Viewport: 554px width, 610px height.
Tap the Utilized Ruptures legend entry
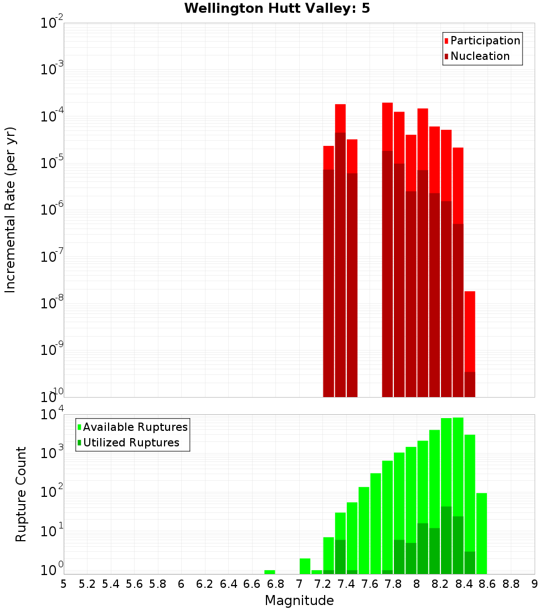click(131, 443)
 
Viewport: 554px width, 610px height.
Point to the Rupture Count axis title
click(21, 494)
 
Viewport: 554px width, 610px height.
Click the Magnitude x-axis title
click(299, 600)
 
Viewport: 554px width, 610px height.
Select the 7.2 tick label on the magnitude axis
click(323, 584)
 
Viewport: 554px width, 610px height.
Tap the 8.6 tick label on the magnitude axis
click(488, 584)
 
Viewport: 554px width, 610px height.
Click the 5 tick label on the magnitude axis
click(64, 584)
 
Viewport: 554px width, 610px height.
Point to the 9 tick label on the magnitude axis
click(535, 584)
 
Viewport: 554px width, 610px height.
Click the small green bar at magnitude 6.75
click(270, 572)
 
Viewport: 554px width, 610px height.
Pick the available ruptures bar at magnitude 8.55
click(481, 532)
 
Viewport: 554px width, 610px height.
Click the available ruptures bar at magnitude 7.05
click(305, 566)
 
